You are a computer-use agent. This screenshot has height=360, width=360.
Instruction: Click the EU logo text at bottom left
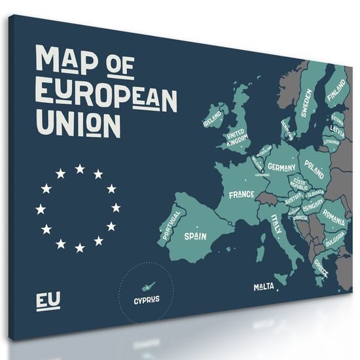click(x=48, y=301)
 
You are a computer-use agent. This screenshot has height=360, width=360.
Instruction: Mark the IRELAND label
click(x=212, y=118)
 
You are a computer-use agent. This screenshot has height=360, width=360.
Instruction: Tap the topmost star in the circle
click(x=79, y=169)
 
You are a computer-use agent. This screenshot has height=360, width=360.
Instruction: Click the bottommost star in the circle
click(x=79, y=247)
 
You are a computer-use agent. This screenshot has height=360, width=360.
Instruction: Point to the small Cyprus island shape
click(x=149, y=287)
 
